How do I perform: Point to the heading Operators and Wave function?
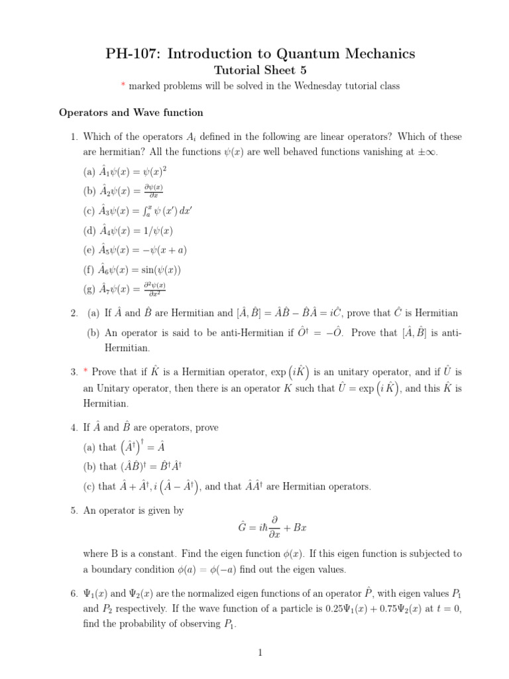[x=131, y=113]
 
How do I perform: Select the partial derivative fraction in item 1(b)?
[x=154, y=191]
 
